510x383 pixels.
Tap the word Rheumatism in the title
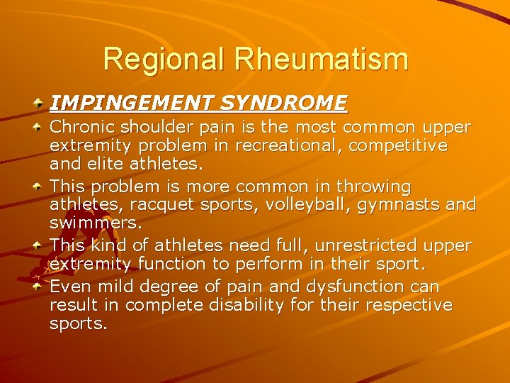[322, 59]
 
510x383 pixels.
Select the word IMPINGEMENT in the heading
[131, 104]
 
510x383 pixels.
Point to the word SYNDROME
[283, 104]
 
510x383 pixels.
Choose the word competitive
[401, 146]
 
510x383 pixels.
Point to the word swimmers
[94, 223]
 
